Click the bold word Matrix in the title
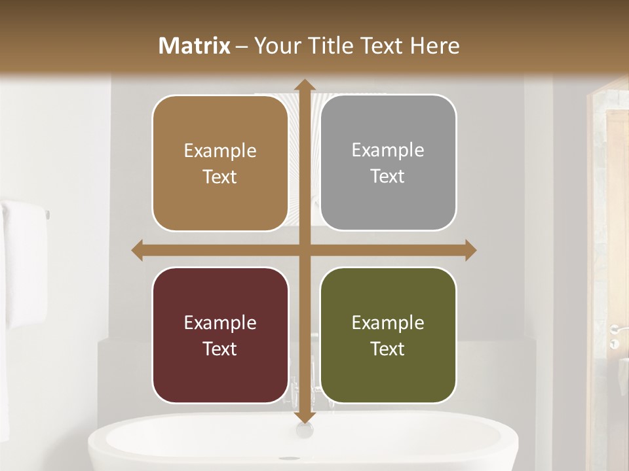click(195, 46)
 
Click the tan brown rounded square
click(220, 163)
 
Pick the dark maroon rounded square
click(220, 335)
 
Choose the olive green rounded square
click(388, 335)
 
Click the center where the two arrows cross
click(304, 251)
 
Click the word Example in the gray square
click(388, 150)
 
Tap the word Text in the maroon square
click(220, 349)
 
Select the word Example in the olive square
click(388, 323)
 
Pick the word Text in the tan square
click(220, 177)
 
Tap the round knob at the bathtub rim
click(304, 430)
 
